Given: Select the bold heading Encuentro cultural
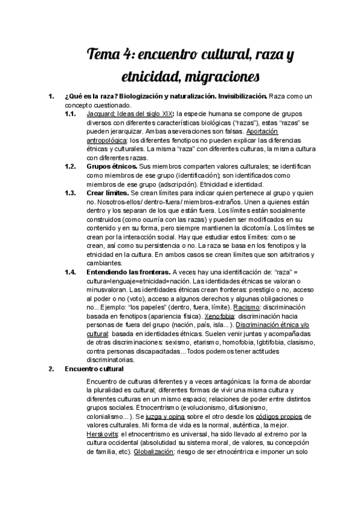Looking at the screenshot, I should click(94, 369).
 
